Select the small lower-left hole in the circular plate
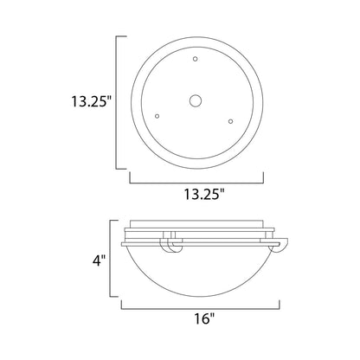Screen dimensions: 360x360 click(157, 115)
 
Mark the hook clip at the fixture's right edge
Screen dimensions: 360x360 click(280, 248)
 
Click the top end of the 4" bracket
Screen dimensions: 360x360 click(115, 221)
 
